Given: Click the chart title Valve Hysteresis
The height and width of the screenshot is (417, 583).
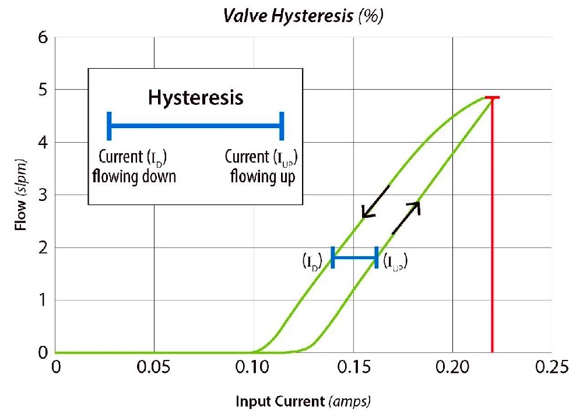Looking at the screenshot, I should (x=303, y=17).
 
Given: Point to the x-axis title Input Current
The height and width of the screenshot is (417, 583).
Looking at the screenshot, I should (x=303, y=401).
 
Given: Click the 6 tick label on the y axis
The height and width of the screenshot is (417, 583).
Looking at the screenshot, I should (x=41, y=37).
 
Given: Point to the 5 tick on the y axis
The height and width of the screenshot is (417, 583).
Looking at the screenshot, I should (x=41, y=90).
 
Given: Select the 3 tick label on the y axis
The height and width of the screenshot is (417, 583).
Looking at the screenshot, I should (x=41, y=195).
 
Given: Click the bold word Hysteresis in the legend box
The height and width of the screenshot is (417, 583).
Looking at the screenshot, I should (x=195, y=97).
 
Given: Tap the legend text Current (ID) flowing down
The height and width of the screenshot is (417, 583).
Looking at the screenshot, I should (x=134, y=167).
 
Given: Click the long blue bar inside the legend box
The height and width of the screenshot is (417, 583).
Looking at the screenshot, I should (x=195, y=126).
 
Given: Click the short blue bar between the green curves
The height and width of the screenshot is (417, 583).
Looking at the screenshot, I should (x=354, y=257).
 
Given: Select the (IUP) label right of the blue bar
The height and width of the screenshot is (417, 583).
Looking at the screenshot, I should (x=395, y=262).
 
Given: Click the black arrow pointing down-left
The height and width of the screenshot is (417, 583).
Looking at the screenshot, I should (x=375, y=202).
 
